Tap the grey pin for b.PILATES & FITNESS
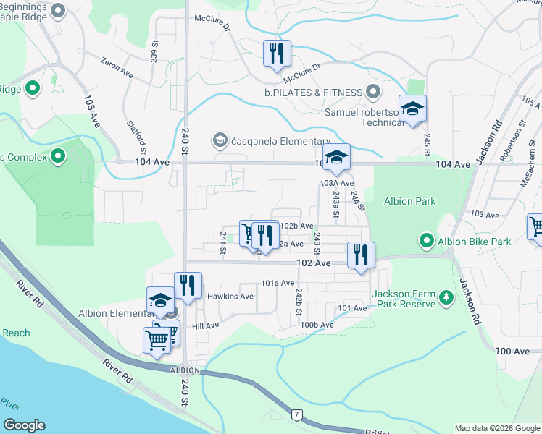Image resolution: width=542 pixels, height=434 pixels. (x=373, y=93)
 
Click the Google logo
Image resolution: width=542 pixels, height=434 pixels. (x=25, y=425)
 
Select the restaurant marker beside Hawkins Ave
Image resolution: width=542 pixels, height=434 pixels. (x=188, y=286)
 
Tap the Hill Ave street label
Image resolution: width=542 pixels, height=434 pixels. (x=205, y=326)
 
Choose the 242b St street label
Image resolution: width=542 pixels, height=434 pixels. (x=298, y=301)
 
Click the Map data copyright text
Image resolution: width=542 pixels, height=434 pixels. (x=496, y=428)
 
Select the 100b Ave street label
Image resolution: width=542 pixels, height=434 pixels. (x=317, y=325)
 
